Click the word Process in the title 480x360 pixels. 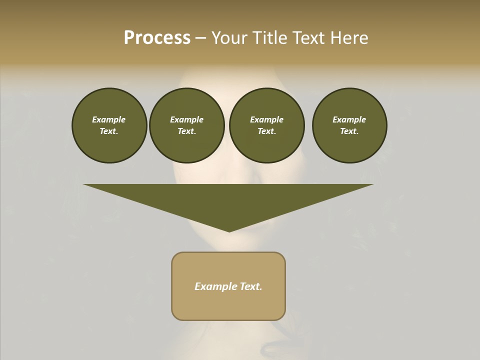(157, 38)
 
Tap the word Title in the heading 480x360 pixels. (268, 38)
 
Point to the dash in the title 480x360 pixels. (200, 38)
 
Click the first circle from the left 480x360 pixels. (109, 125)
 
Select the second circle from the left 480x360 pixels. (186, 125)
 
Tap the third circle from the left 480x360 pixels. (266, 125)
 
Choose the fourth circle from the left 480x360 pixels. (349, 125)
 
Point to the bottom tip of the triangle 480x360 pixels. (229, 231)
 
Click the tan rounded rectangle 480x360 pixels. (228, 286)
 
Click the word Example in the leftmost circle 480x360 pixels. (109, 119)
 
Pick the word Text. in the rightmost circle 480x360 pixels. (349, 131)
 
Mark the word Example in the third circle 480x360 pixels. (266, 119)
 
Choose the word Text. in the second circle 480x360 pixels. (186, 131)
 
